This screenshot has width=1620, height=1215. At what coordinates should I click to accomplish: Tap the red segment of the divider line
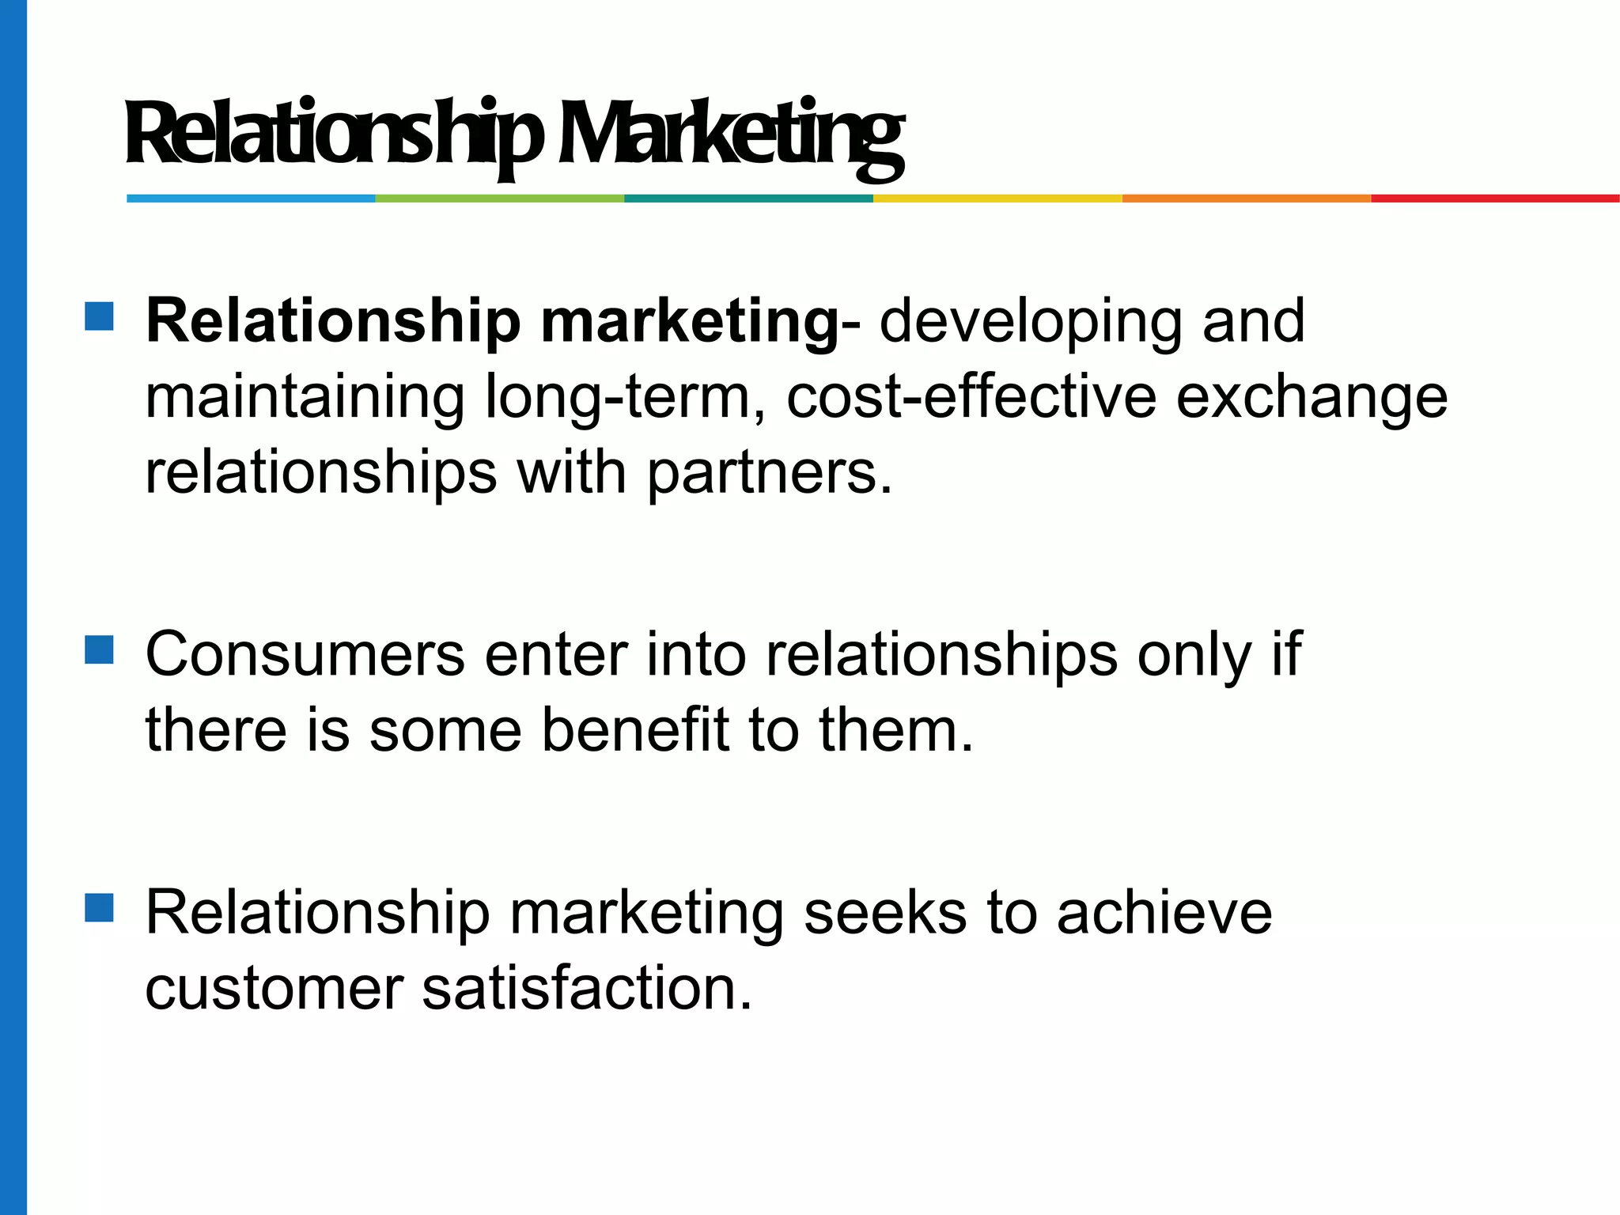coord(1495,199)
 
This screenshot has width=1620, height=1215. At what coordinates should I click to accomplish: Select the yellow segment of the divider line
coord(997,199)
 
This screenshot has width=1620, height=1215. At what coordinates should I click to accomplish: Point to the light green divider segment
coord(500,199)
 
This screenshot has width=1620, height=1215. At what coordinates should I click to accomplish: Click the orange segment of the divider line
coord(1246,199)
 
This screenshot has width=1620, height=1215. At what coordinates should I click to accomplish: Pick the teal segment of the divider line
coord(748,199)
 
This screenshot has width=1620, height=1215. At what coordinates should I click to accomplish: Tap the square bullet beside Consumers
coord(100,650)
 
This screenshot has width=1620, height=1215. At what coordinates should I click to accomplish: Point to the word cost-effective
coord(971,397)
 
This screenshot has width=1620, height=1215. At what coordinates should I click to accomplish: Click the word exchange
coord(1312,397)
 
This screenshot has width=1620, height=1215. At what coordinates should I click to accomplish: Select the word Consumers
coord(305,655)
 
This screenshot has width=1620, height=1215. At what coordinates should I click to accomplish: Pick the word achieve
coord(1164,913)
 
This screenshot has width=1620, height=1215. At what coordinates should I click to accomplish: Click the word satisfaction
coord(586,989)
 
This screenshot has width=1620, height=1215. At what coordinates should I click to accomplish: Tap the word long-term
coord(618,397)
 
